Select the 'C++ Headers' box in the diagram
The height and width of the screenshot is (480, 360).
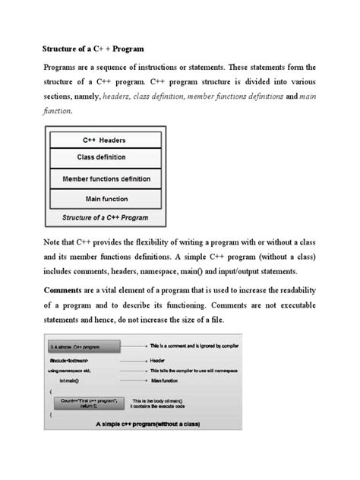click(x=104, y=140)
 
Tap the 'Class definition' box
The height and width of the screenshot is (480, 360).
click(x=104, y=158)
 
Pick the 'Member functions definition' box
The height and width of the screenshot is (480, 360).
click(x=104, y=179)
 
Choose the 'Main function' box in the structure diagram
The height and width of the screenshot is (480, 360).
click(x=104, y=200)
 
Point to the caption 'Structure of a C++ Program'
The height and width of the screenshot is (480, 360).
click(x=104, y=217)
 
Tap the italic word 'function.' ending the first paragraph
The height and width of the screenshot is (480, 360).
click(x=56, y=112)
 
